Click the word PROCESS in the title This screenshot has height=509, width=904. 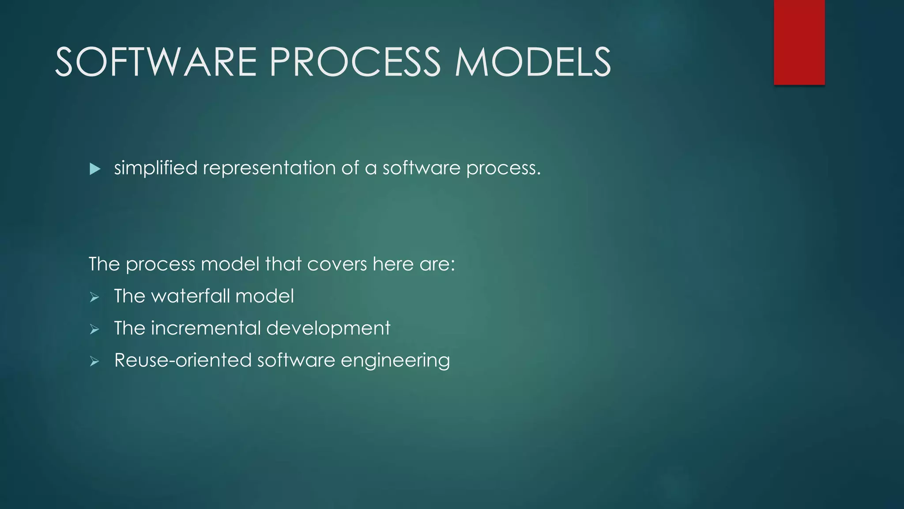[355, 62]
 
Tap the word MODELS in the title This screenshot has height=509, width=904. [533, 62]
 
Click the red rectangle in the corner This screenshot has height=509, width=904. [799, 42]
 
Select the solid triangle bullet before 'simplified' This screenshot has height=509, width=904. [94, 169]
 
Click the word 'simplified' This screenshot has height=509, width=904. [156, 168]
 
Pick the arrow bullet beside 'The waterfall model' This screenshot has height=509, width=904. [94, 297]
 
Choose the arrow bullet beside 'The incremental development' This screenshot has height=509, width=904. [94, 330]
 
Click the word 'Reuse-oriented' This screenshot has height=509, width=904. [183, 361]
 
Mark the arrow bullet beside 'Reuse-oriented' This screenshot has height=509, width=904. [94, 362]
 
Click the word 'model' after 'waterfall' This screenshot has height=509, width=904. [264, 296]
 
